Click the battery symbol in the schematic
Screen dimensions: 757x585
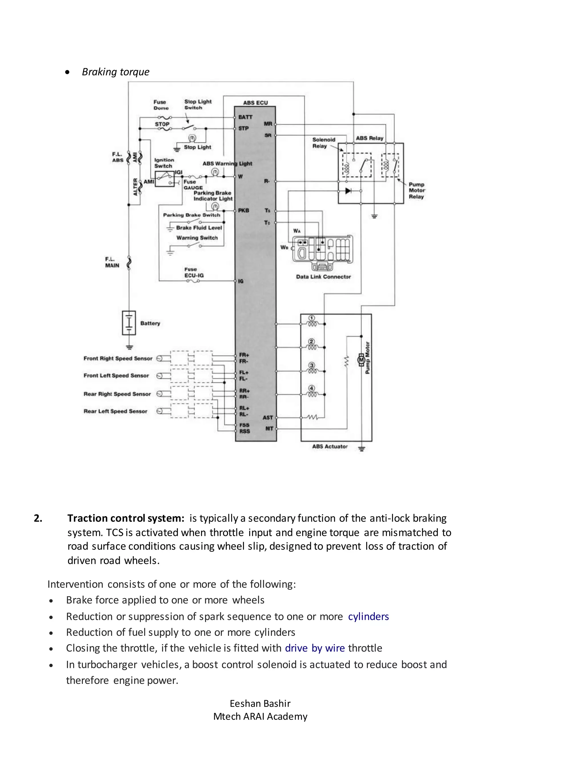129,323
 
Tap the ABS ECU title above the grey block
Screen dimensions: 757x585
255,103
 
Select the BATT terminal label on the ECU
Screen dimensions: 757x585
245,117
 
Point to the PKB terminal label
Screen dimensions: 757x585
243,211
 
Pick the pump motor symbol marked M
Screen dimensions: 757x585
361,360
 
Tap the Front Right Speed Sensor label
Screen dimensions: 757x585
118,359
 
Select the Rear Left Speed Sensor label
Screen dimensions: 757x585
115,411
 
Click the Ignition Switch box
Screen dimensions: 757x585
164,179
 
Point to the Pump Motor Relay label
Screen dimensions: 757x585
416,190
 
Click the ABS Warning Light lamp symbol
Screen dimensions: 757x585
215,172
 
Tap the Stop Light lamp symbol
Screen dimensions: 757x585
192,138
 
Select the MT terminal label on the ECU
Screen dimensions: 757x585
269,428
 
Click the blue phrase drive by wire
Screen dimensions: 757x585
315,648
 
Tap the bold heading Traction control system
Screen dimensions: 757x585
126,518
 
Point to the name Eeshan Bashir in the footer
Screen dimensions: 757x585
260,703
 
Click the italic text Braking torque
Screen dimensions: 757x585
115,72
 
